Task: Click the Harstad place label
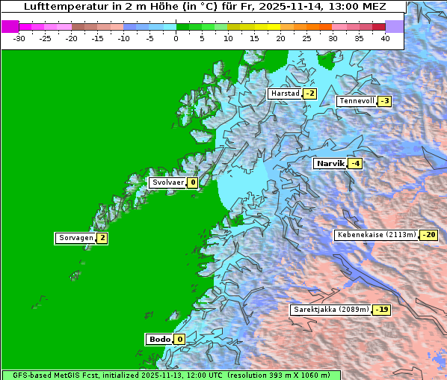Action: point(285,94)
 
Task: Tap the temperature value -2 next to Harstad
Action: point(309,94)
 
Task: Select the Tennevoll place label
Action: point(357,101)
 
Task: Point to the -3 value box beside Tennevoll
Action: point(384,101)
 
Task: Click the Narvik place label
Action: point(330,163)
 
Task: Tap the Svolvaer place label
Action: point(167,183)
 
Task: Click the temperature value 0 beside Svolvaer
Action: point(192,183)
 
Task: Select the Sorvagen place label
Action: point(75,238)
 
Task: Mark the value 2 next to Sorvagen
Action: point(102,238)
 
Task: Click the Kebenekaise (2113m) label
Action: point(376,235)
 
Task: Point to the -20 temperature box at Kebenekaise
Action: point(428,235)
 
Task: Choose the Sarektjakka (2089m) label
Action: point(330,309)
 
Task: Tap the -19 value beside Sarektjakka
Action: point(382,309)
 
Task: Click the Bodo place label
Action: point(159,339)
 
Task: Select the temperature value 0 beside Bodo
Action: point(179,339)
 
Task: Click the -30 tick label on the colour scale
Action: point(19,37)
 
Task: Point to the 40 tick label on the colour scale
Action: point(385,37)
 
